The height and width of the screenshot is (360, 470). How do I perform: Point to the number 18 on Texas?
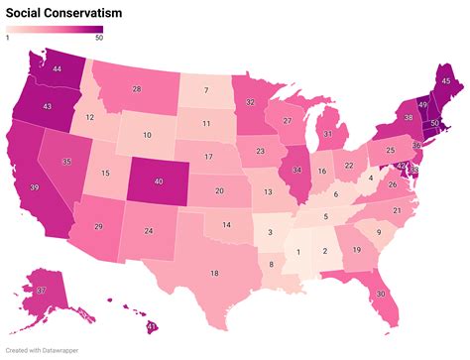coord(214,273)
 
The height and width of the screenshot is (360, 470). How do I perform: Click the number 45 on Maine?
coord(445,80)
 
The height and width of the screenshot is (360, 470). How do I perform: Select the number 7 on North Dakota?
coord(206,90)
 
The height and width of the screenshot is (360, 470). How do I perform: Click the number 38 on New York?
coord(407,117)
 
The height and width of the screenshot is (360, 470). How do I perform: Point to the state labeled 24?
coord(148,231)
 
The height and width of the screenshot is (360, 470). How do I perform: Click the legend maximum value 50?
coord(98,39)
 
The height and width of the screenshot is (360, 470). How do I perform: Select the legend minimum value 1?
coord(8,39)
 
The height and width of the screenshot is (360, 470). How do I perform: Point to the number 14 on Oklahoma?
coord(227,225)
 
